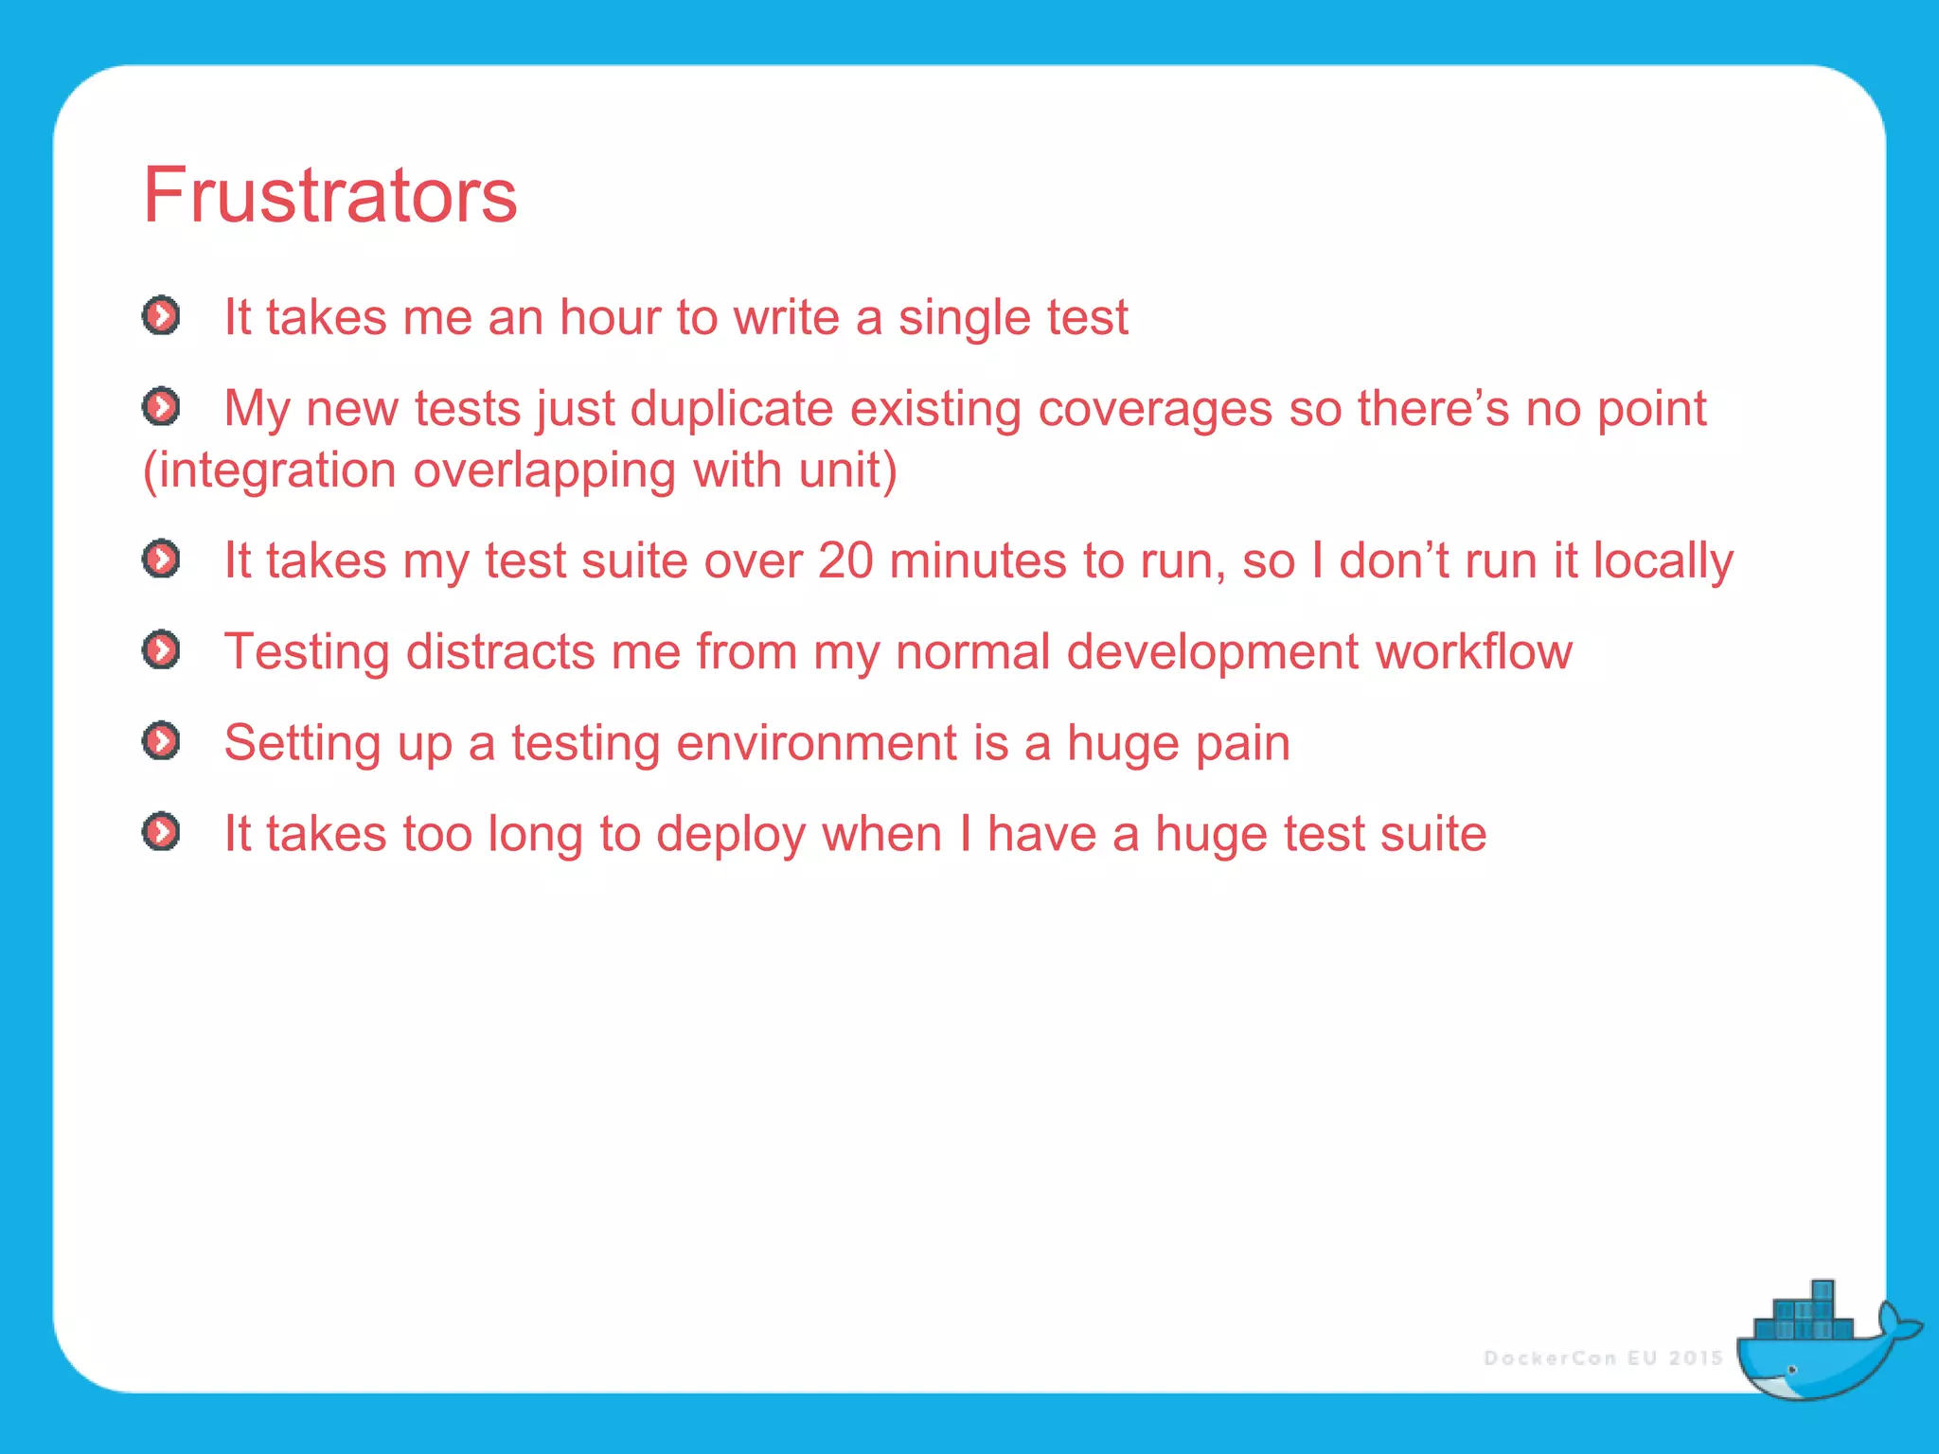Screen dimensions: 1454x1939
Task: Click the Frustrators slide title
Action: pyautogui.click(x=329, y=195)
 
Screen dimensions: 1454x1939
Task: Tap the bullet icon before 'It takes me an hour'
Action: pyautogui.click(x=161, y=315)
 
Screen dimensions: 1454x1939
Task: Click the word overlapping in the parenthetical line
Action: pyautogui.click(x=544, y=470)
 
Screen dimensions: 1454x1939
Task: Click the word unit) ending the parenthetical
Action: pyautogui.click(x=847, y=470)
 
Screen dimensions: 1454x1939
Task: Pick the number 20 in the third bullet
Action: pyautogui.click(x=845, y=560)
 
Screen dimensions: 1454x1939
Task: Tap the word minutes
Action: pyautogui.click(x=978, y=560)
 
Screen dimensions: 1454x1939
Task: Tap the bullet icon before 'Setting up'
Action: pyautogui.click(x=161, y=740)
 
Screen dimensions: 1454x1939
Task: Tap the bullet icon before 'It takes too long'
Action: pyautogui.click(x=161, y=832)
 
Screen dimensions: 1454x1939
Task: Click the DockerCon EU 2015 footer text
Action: pyautogui.click(x=1602, y=1358)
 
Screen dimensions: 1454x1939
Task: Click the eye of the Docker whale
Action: pyautogui.click(x=1791, y=1370)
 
